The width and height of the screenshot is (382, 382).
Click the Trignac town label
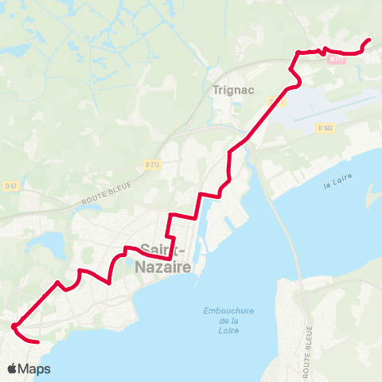pyautogui.click(x=233, y=90)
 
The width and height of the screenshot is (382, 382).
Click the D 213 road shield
pyautogui.click(x=153, y=164)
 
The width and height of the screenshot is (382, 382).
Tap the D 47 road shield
pyautogui.click(x=10, y=186)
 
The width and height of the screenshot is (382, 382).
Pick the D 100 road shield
pyautogui.click(x=325, y=127)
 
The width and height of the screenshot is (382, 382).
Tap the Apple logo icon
pyautogui.click(x=13, y=368)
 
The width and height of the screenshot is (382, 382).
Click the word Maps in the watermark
pyautogui.click(x=35, y=368)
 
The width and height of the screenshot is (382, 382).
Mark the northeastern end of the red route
pyautogui.click(x=369, y=40)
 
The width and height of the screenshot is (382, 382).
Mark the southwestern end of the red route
pyautogui.click(x=37, y=341)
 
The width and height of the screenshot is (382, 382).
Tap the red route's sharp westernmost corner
pyautogui.click(x=13, y=325)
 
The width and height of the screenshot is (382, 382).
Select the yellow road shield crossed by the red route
pyautogui.click(x=276, y=102)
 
